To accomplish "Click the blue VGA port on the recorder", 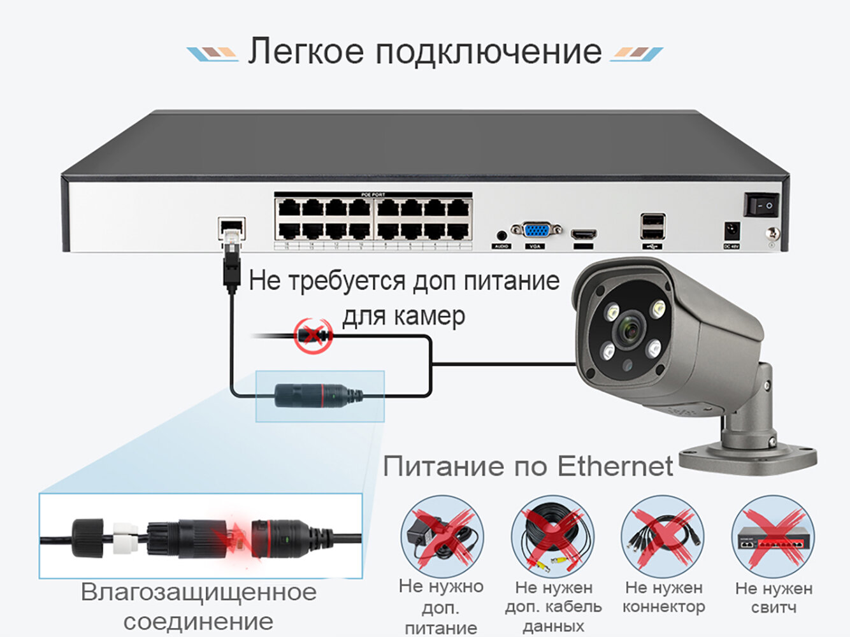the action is click(536, 230).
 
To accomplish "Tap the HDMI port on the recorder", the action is click(582, 234).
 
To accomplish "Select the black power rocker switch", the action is click(761, 206).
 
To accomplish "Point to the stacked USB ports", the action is click(652, 226).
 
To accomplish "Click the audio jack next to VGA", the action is click(501, 236).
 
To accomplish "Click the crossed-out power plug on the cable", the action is click(314, 335).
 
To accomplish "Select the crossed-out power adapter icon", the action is click(442, 536).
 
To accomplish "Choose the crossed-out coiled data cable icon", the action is click(552, 536).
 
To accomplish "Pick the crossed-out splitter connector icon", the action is click(663, 536).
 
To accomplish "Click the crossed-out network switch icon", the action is click(773, 536).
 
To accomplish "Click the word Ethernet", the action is click(615, 466).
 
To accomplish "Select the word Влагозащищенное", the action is click(199, 592).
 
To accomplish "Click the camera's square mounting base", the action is click(747, 457).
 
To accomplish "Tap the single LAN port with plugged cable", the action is click(231, 227).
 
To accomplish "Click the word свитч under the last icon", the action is click(773, 607).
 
